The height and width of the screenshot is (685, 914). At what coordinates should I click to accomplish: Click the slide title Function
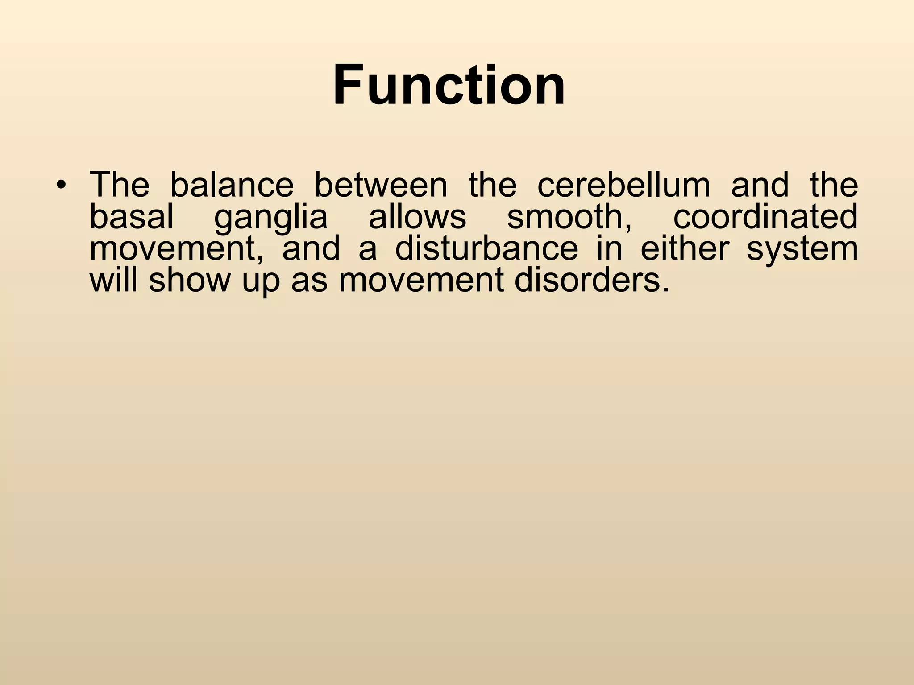[x=449, y=85]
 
